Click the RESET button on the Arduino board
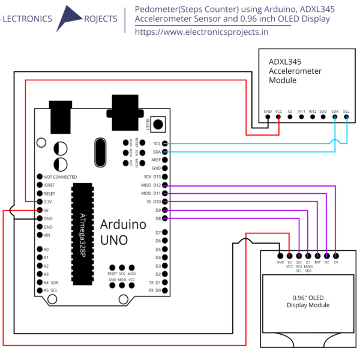(x=158, y=124)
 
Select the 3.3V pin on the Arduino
(x=40, y=202)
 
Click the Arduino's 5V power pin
(x=40, y=211)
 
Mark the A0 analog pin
(x=40, y=249)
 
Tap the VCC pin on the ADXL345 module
(x=278, y=118)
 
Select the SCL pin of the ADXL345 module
(x=346, y=118)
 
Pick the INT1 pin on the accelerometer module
(x=301, y=118)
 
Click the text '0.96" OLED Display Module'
(x=308, y=301)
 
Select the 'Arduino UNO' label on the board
(x=122, y=233)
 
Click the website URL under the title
(x=201, y=32)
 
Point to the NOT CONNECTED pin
(x=40, y=177)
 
